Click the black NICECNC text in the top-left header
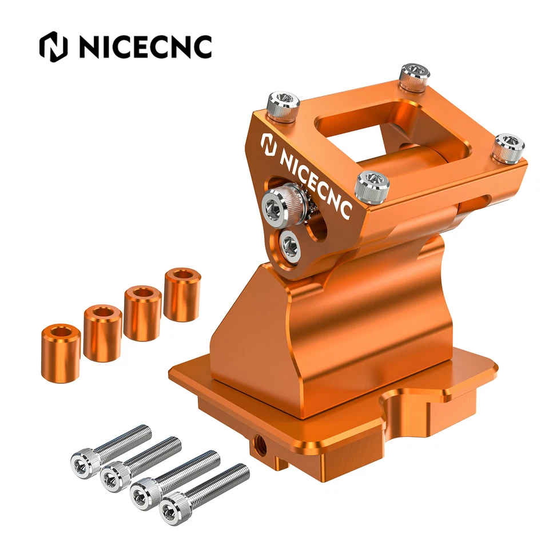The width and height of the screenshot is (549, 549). (145, 47)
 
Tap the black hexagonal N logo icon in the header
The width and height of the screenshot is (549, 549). (53, 47)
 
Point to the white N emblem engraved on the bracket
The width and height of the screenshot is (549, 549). (269, 144)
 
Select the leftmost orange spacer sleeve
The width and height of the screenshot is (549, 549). (61, 353)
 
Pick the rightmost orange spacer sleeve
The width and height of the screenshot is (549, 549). (182, 295)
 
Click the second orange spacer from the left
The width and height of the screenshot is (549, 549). (102, 333)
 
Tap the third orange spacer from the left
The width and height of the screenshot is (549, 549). (142, 313)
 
